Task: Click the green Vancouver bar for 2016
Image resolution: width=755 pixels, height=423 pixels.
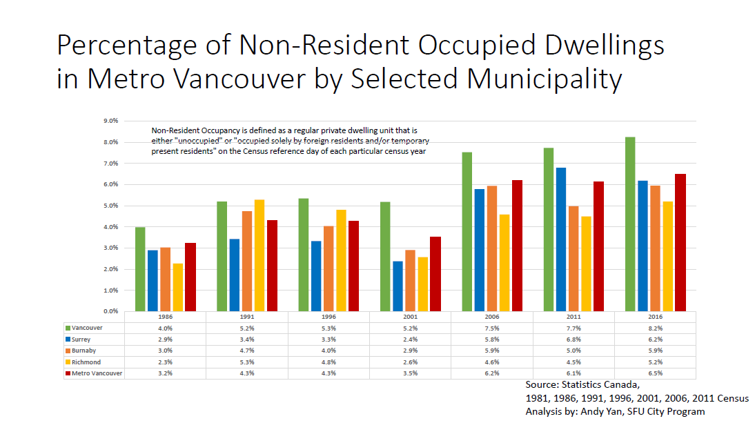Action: [630, 224]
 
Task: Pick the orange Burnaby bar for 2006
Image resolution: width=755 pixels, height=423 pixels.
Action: [492, 248]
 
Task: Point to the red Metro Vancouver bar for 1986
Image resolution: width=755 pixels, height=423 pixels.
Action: [190, 277]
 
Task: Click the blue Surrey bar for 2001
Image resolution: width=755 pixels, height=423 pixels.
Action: [398, 286]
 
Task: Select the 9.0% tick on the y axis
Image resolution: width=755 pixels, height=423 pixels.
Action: [110, 121]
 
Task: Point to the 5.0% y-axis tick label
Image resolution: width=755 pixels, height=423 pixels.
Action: [110, 206]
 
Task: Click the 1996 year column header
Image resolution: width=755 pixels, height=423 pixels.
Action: [329, 317]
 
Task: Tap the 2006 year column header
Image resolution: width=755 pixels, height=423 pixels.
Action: [492, 317]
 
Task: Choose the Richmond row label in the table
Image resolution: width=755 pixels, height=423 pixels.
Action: [86, 362]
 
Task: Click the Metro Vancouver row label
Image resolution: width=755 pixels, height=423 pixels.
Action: [97, 373]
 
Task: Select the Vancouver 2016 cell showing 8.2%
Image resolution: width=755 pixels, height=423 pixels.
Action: [655, 328]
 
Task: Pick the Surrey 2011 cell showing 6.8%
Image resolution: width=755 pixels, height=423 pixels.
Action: [573, 340]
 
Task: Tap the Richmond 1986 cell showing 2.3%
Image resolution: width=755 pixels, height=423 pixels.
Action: [165, 362]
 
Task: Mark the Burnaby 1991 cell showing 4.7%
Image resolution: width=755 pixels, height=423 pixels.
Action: [247, 351]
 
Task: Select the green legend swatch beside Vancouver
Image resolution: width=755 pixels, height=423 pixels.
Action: [68, 328]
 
